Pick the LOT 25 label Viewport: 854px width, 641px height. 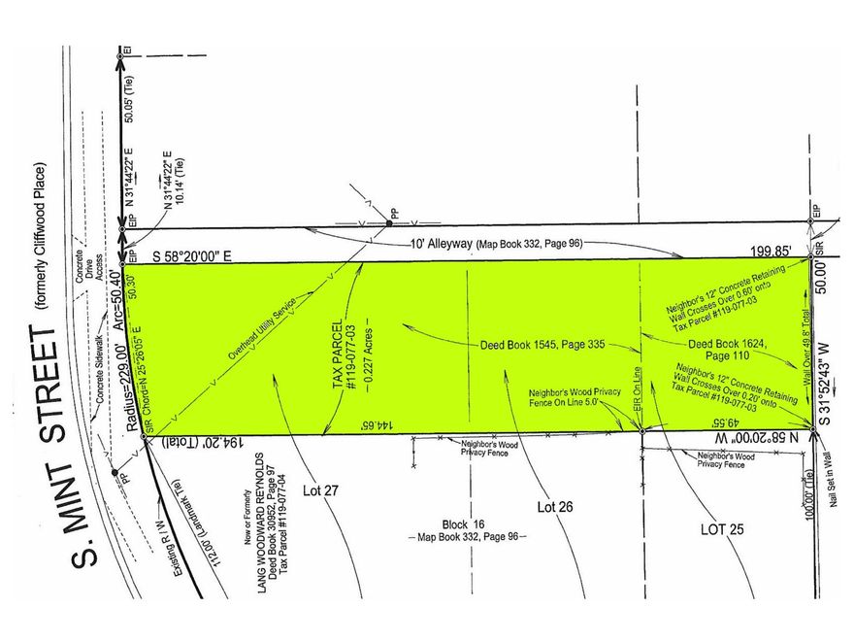724,529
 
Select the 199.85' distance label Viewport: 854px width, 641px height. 785,251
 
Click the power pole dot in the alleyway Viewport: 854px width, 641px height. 387,224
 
